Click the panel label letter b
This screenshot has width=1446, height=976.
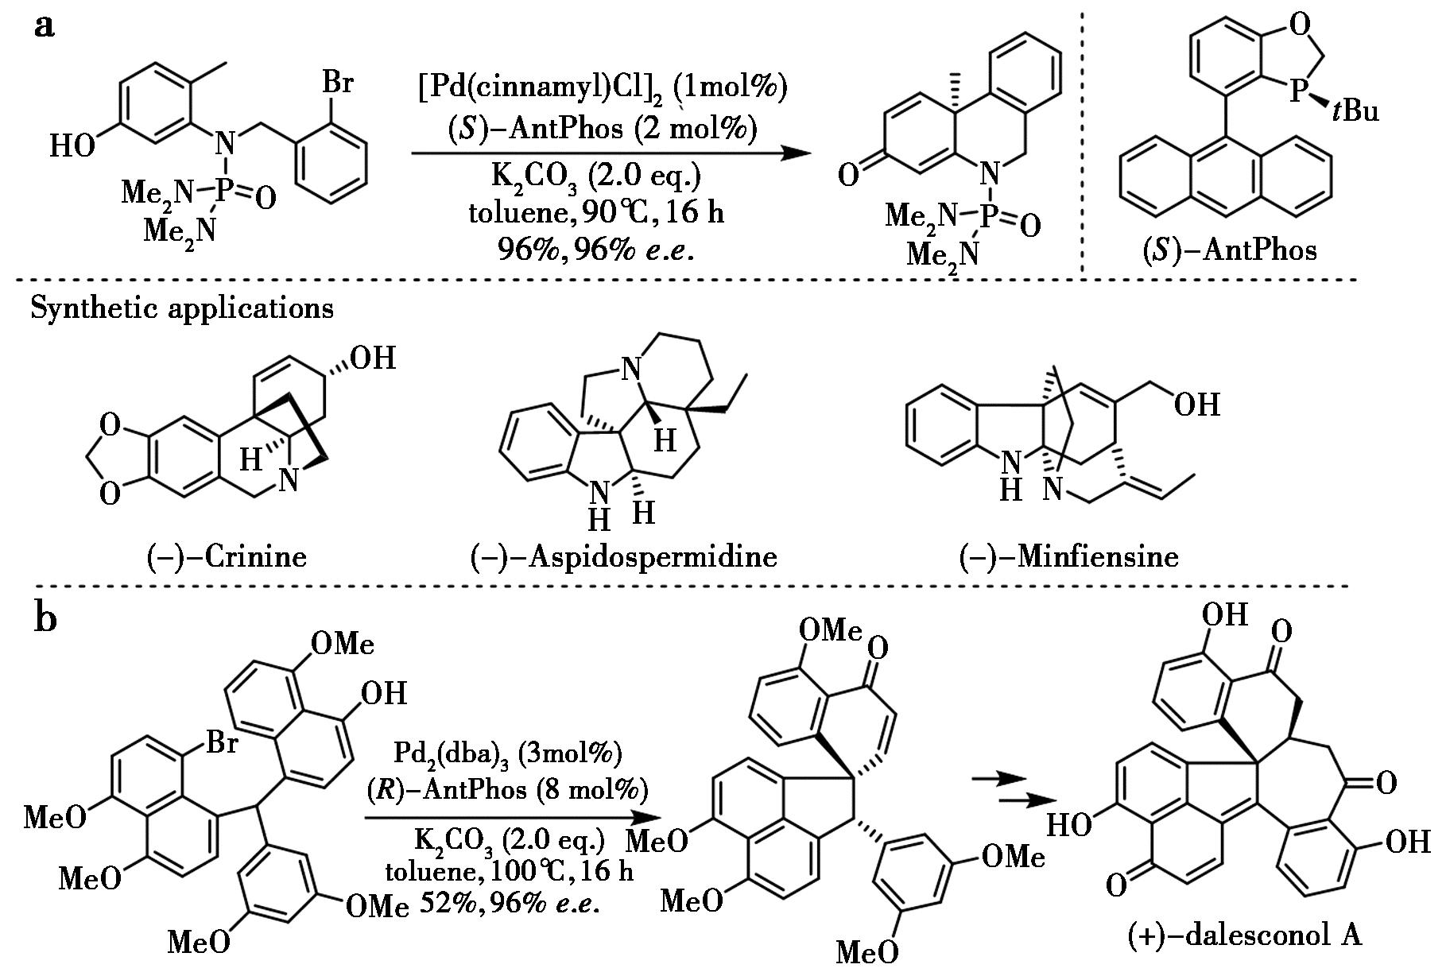coord(46,618)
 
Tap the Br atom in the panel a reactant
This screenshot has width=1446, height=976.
coord(336,83)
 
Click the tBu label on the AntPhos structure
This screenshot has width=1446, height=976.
coord(1353,110)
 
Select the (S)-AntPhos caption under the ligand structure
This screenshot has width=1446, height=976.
coord(1228,251)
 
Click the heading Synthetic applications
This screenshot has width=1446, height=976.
coord(182,308)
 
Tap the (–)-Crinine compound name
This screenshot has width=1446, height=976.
coord(227,557)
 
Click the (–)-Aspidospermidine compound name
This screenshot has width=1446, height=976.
coord(622,557)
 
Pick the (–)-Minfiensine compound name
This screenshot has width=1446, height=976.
coord(1069,557)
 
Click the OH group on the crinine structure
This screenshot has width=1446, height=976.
coord(374,358)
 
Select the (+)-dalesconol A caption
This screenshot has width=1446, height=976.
coord(1245,936)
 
